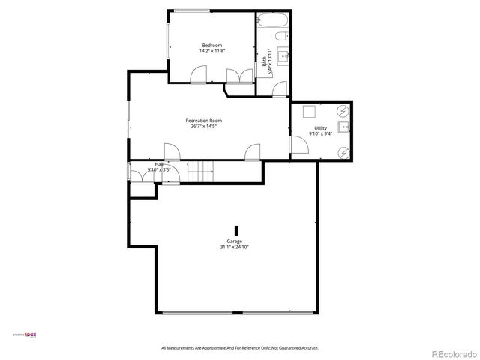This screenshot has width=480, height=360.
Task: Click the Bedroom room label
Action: pos(211,45)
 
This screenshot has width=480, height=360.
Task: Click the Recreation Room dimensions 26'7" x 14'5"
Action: pos(205,126)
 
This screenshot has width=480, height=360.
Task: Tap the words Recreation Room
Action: pos(205,120)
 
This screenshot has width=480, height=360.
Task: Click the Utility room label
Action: pos(320,129)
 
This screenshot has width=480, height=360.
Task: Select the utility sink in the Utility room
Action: pos(345,128)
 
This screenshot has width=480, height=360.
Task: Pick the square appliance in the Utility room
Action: pos(309,112)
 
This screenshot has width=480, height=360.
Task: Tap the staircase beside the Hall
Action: pos(201,172)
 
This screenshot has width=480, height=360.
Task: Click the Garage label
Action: pos(235,241)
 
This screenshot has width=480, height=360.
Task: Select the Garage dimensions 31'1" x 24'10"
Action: pos(235,247)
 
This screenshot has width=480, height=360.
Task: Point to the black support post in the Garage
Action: pos(236,230)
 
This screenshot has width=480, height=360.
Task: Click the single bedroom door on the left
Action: pos(199,74)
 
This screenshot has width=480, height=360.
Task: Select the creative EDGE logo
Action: pos(25,334)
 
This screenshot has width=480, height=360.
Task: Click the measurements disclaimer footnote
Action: pos(240,348)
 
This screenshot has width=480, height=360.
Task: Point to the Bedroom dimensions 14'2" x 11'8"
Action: pos(211,51)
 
